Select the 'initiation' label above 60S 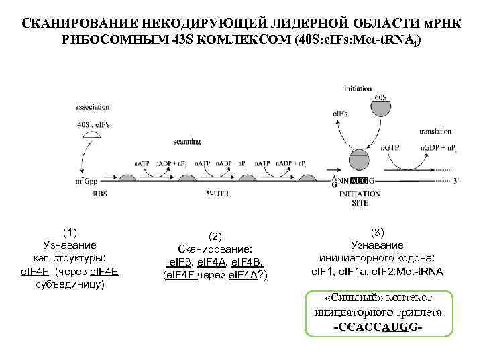pos(358,89)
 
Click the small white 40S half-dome pos(93,136)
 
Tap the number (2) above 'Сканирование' pos(215,237)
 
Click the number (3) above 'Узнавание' pos(378,232)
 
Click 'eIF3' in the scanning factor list pos(180,262)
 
